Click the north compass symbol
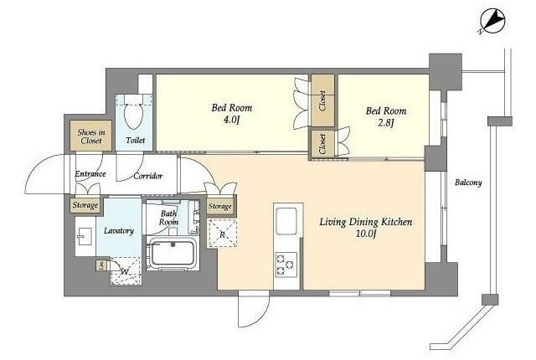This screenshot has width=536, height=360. pos(492,22)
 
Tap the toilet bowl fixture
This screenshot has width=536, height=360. pos(133,113)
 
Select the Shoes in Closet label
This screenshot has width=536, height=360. pos(91,136)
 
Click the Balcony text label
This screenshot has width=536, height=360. pos(468,183)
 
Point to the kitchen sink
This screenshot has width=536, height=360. pos(286,221)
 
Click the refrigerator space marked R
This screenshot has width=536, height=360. pos(223,234)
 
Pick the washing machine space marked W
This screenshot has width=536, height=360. pos(125,271)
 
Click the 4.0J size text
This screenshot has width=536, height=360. pos(232,120)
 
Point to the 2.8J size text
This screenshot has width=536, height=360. pos(386,122)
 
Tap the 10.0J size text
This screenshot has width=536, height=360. pos(365,234)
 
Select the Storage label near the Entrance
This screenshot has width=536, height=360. pos(85,205)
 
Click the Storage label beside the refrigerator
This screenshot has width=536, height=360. pos(220,206)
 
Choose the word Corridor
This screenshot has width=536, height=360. pos(147,177)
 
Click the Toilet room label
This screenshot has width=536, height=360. pos(136,140)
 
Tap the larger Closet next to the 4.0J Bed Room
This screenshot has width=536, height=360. pos(322,100)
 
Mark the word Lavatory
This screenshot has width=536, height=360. pos(119,231)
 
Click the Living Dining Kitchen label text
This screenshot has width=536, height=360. pos(366,222)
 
